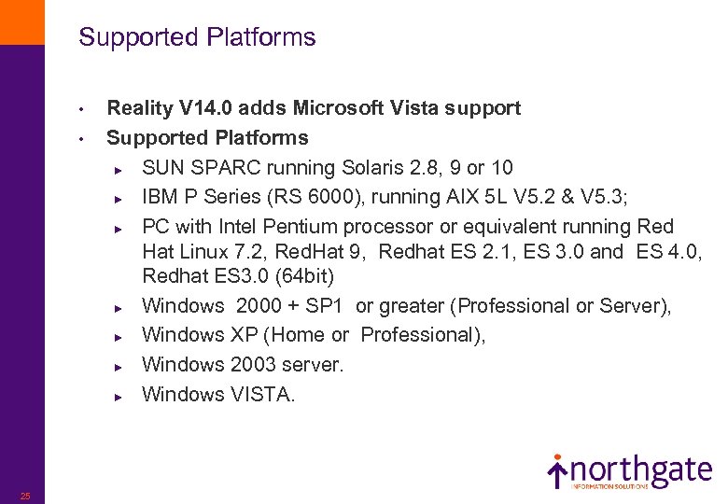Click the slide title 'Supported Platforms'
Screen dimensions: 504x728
click(197, 37)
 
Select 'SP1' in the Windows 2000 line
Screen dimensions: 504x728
click(331, 306)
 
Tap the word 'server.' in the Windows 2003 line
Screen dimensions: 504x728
click(314, 365)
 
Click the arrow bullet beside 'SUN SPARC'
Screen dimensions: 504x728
click(119, 169)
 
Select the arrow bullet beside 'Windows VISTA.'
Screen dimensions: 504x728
click(119, 396)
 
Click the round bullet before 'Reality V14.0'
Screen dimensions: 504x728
click(82, 109)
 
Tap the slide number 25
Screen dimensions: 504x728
click(25, 496)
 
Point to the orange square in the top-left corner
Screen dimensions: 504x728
click(21, 21)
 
